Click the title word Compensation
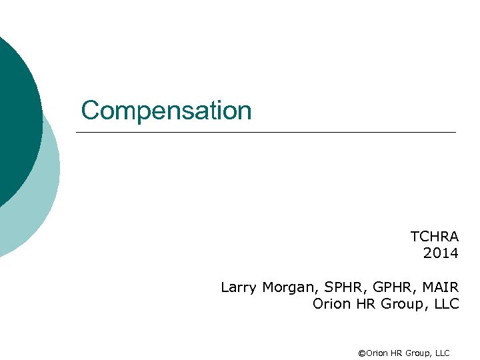(x=166, y=111)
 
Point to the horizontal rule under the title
(x=266, y=133)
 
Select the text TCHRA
(x=435, y=237)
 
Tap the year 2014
(x=441, y=253)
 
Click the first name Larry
(x=238, y=287)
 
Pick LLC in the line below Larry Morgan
(x=445, y=304)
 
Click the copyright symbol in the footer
(x=362, y=353)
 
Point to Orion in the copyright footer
(x=377, y=353)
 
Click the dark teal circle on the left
(x=17, y=120)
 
